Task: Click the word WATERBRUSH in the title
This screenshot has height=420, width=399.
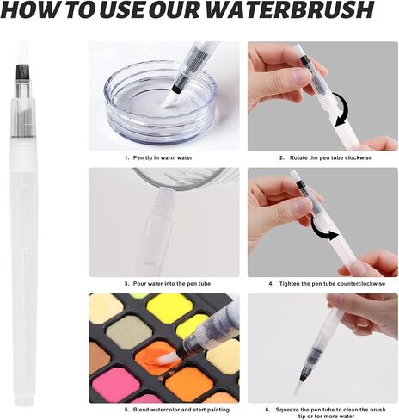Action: pos(290,10)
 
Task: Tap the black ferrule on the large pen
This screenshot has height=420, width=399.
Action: pos(22,72)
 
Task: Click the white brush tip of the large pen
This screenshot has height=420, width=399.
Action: pos(22,53)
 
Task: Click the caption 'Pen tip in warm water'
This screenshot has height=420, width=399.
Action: pos(163,158)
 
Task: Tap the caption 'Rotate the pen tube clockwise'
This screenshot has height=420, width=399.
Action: pos(330,158)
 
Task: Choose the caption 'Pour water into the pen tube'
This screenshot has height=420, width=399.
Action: pos(172,284)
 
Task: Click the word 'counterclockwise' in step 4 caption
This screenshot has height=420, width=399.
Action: pos(361,284)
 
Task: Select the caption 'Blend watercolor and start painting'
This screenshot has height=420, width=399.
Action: pos(181,410)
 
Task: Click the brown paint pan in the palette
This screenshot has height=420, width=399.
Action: pos(99,358)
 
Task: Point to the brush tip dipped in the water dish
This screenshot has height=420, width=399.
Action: pos(169,101)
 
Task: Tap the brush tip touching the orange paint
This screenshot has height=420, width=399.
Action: pos(168,358)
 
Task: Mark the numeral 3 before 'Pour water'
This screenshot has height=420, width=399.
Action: pos(126,284)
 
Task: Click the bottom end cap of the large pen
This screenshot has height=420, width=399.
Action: pos(22,399)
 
